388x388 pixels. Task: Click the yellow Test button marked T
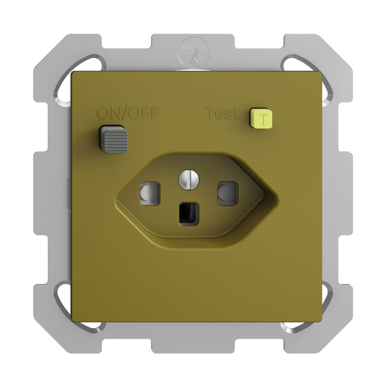[x=261, y=118]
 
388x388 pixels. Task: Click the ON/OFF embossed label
[x=128, y=113]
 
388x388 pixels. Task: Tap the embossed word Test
[x=222, y=114]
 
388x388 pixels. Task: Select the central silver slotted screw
[x=188, y=180]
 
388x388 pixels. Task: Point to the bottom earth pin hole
[x=188, y=214]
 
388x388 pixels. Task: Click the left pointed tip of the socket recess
[x=116, y=200]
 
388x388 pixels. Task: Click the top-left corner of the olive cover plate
[x=73, y=73]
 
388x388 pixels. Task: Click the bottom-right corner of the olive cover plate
[x=320, y=320]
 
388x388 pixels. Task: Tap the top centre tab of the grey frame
[x=194, y=47]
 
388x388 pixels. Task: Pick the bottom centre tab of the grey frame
[x=194, y=341]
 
